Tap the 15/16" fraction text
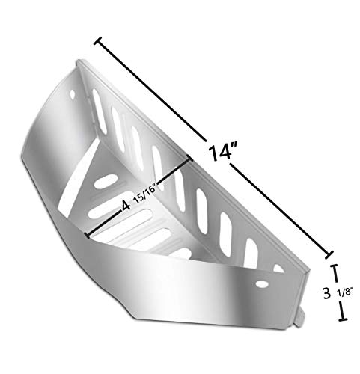144,194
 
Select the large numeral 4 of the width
126,206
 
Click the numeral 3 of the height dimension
326,293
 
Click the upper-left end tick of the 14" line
97,40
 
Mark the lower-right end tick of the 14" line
329,255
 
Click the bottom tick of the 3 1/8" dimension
343,319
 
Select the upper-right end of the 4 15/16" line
189,158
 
